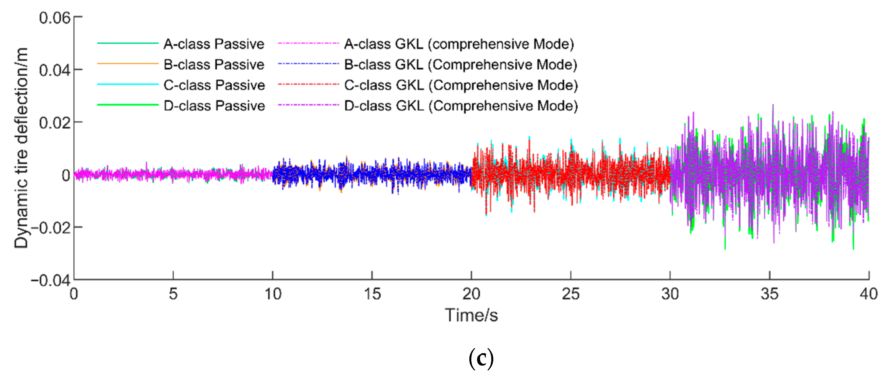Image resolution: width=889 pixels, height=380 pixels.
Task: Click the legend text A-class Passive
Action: pyautogui.click(x=214, y=44)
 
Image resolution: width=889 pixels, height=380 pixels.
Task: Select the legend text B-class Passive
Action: pyautogui.click(x=214, y=65)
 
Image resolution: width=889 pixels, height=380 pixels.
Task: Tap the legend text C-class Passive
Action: pyautogui.click(x=214, y=85)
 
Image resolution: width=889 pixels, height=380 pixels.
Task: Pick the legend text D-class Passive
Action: pyautogui.click(x=214, y=106)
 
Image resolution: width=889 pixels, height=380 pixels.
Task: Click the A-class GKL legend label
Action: pyautogui.click(x=459, y=44)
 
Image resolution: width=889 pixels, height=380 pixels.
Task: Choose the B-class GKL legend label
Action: pyautogui.click(x=461, y=65)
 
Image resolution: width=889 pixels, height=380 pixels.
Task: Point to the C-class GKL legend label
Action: pyautogui.click(x=461, y=85)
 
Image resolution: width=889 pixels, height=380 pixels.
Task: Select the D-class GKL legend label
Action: pyautogui.click(x=461, y=106)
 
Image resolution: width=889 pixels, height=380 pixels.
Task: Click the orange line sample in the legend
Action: pyautogui.click(x=127, y=64)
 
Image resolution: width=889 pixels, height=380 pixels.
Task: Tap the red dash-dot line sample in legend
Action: pyautogui.click(x=308, y=84)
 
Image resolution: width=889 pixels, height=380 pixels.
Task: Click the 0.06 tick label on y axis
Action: pyautogui.click(x=55, y=18)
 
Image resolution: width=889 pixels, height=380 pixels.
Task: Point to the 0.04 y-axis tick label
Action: pyautogui.click(x=55, y=70)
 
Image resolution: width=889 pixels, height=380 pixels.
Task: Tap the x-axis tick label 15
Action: pyautogui.click(x=372, y=294)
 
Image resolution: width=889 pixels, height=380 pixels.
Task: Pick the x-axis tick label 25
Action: pyautogui.click(x=570, y=294)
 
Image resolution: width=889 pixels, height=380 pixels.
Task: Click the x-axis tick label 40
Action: pyautogui.click(x=868, y=294)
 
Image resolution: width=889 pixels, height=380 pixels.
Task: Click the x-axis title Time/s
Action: pyautogui.click(x=471, y=315)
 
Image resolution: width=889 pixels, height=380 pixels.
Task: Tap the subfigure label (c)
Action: pyautogui.click(x=481, y=359)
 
